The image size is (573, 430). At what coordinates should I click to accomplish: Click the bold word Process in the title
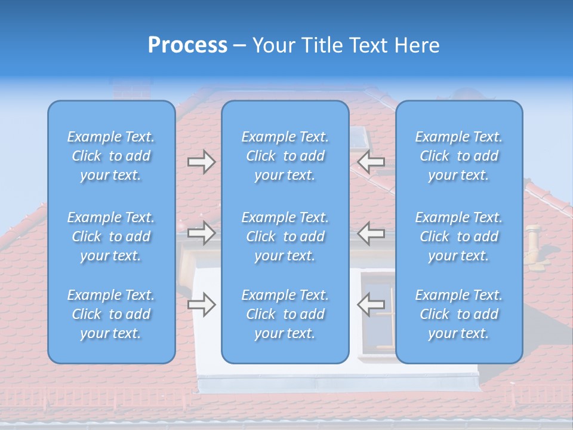(187, 45)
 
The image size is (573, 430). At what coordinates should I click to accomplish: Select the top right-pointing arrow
(201, 162)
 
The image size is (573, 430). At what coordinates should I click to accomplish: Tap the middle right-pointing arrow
(201, 233)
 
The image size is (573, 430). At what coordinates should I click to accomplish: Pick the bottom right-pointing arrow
(201, 305)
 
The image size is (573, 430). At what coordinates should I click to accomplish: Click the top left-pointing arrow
(371, 162)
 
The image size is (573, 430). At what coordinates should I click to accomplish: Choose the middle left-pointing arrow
(371, 233)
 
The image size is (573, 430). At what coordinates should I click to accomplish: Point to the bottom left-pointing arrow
(371, 305)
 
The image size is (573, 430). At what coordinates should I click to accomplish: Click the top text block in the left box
(111, 156)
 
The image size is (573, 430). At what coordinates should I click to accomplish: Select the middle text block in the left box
(111, 236)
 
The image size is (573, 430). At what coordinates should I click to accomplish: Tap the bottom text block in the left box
(111, 314)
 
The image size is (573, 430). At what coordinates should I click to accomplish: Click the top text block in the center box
(285, 156)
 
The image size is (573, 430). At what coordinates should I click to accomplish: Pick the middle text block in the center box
(285, 236)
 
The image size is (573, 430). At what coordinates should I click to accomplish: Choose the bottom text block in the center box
(285, 314)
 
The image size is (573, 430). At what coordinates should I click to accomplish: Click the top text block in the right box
(459, 156)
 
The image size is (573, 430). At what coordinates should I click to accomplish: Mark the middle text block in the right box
(459, 236)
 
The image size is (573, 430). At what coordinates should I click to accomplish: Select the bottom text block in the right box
(459, 314)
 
